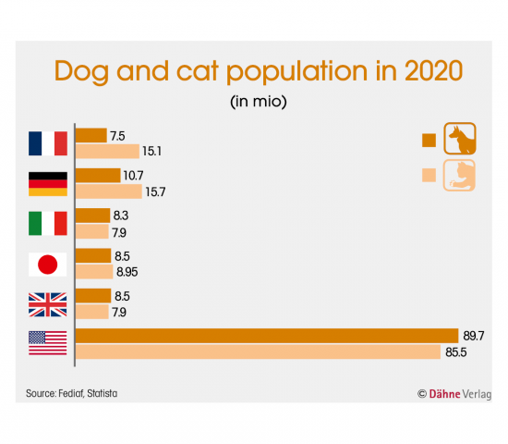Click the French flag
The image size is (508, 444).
point(48,143)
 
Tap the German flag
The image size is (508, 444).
point(48,184)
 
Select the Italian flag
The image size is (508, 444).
point(48,223)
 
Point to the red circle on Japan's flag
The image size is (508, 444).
point(48,265)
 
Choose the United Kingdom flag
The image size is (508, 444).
point(48,304)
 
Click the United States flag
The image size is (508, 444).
point(48,343)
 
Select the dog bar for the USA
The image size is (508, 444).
point(267,336)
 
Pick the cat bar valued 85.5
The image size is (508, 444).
point(259,351)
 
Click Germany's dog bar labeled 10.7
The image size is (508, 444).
point(98,175)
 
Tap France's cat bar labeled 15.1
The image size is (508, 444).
point(107,152)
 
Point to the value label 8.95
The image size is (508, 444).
point(127,272)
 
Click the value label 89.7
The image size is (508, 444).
point(474,336)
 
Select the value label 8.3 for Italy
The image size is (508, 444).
point(121,216)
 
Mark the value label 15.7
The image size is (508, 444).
point(155,191)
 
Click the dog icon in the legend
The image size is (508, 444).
point(460,138)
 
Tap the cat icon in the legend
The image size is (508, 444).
point(459,175)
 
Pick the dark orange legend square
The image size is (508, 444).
point(429,141)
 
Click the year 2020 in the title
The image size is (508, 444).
point(433,70)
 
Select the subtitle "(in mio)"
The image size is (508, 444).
point(259,102)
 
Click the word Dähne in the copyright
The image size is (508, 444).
point(444,394)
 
